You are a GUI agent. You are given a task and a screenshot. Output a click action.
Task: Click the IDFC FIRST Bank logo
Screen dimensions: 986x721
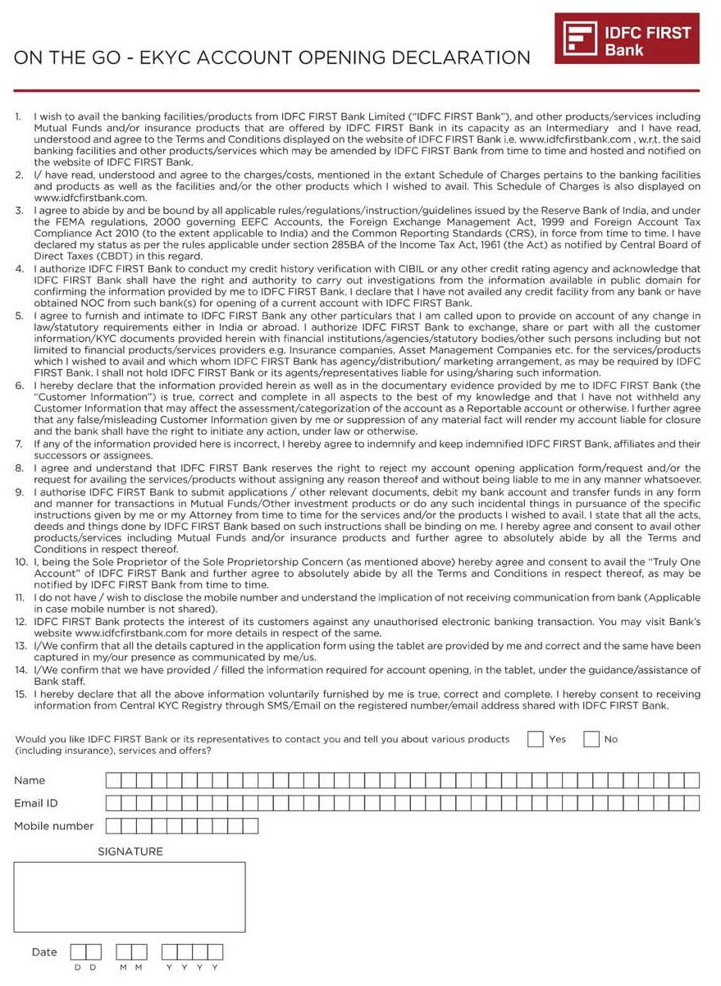click(627, 39)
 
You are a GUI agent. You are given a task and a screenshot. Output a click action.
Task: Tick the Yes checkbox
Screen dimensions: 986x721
click(536, 739)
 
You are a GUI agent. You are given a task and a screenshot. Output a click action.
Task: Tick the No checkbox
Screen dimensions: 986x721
click(591, 739)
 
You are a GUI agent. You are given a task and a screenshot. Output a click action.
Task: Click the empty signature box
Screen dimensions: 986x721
click(130, 897)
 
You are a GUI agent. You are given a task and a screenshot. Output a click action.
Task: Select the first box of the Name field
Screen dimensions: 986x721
click(113, 780)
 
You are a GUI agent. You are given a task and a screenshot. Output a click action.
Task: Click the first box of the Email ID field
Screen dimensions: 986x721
click(113, 803)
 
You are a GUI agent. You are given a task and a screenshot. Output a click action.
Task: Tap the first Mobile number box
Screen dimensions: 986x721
click(113, 826)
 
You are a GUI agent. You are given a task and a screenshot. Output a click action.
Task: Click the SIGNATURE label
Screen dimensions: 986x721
click(130, 851)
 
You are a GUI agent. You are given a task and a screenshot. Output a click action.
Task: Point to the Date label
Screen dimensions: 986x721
click(44, 952)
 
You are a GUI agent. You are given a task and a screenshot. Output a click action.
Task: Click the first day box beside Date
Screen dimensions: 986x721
click(78, 952)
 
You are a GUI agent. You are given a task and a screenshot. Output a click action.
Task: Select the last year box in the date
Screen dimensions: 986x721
click(215, 952)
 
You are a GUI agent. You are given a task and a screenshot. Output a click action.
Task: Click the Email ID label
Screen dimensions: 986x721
click(36, 803)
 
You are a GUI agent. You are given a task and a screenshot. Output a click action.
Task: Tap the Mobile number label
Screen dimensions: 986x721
click(54, 826)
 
